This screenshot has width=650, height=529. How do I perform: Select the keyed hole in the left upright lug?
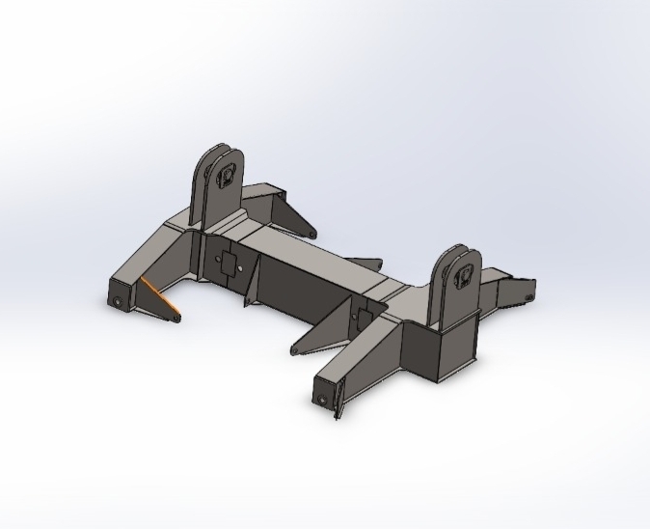tap(229, 176)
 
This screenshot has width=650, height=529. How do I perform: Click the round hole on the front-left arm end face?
tap(118, 301)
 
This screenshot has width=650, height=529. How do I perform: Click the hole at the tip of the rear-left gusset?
tap(312, 235)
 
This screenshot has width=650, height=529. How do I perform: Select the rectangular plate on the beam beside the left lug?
tap(230, 262)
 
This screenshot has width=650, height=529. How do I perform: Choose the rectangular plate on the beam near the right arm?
tap(365, 315)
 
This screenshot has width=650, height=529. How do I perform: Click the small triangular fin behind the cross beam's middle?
tap(366, 262)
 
